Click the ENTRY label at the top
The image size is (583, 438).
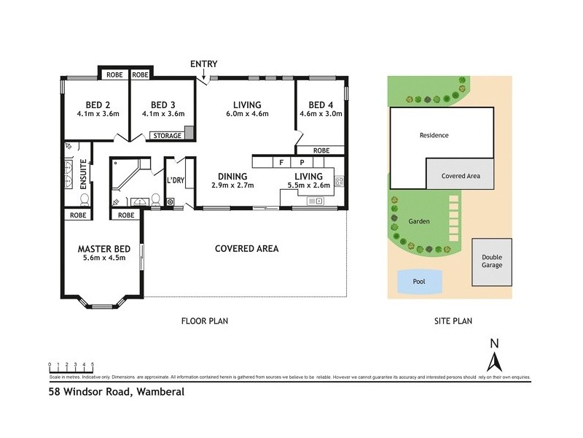204,64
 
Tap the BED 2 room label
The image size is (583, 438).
92,104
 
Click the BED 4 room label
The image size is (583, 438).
321,104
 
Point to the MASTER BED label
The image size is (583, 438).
102,248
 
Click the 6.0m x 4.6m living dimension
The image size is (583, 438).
247,114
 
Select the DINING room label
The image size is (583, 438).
232,177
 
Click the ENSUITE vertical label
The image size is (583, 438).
84,174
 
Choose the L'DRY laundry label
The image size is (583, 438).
175,180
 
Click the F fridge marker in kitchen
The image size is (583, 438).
280,162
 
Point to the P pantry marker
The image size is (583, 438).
300,162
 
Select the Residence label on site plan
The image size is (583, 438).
434,135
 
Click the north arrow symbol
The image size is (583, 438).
494,358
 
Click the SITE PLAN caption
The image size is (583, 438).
453,320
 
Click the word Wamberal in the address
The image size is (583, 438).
159,392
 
